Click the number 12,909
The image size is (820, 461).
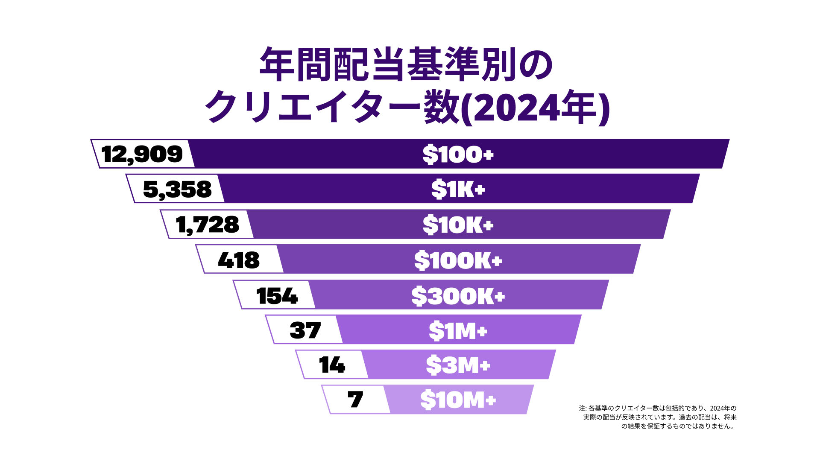[x=142, y=154]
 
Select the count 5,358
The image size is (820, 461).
[x=177, y=189]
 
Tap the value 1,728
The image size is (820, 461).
[x=208, y=225]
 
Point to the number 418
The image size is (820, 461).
[x=239, y=260]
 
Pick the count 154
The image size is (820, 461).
[x=277, y=296]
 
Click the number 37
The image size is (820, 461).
[x=305, y=330]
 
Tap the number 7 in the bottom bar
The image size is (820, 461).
[x=355, y=400]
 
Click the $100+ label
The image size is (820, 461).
[x=458, y=154]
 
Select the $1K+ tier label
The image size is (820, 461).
[x=458, y=189]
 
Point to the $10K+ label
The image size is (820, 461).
[x=458, y=225]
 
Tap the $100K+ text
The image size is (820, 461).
[x=458, y=260]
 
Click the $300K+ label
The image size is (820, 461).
[x=458, y=296]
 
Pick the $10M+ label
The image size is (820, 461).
[x=458, y=400]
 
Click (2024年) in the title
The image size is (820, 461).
[x=536, y=107]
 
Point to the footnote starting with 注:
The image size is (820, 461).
[x=658, y=417]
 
